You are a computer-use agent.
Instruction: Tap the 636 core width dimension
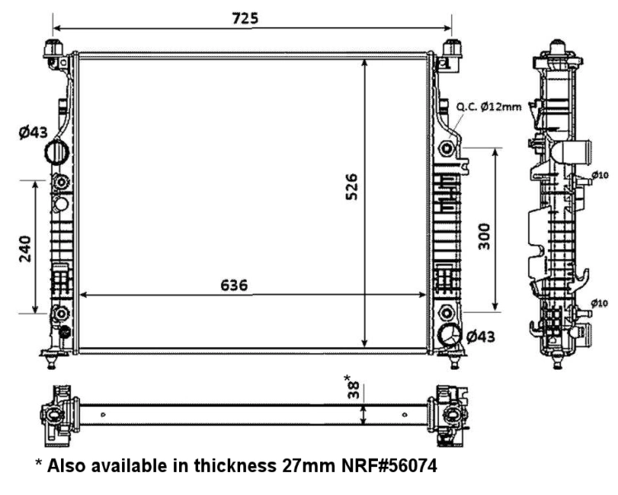234,285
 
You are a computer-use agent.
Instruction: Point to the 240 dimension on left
25,247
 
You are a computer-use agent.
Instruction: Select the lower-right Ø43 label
483,336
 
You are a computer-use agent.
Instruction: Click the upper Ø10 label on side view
600,175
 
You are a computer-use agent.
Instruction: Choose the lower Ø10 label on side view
600,303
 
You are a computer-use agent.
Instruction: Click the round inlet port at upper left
57,153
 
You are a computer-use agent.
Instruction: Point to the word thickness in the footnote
229,466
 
